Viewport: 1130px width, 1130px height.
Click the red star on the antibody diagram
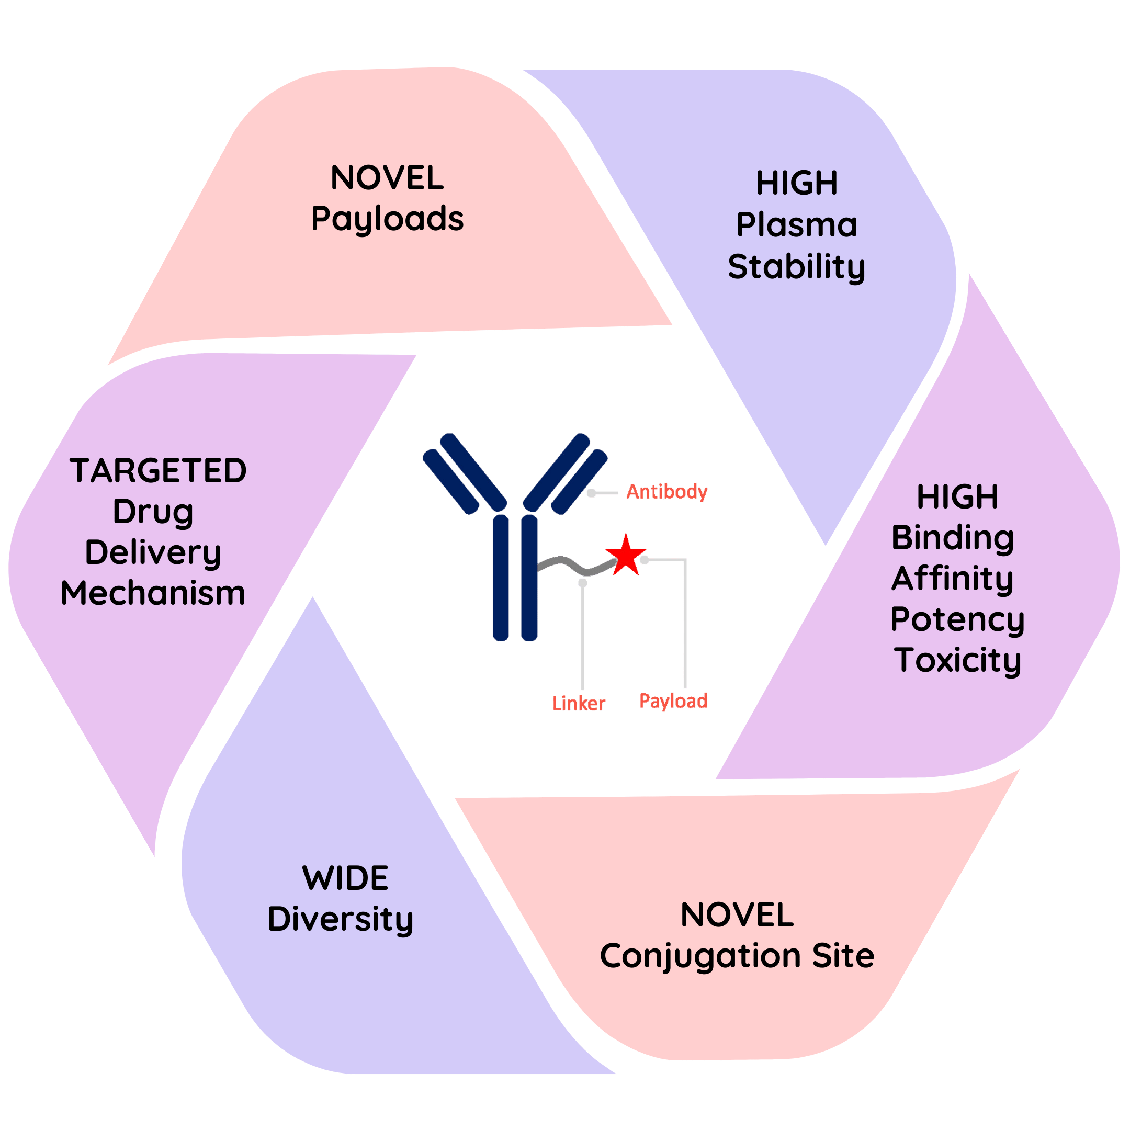click(625, 555)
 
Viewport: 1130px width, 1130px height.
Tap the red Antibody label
click(667, 492)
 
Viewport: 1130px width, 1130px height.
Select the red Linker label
click(579, 704)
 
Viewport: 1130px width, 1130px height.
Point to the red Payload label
click(673, 700)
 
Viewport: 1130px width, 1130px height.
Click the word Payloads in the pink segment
click(387, 219)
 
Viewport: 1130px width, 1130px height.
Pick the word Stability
click(796, 267)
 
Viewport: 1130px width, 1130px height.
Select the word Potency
click(957, 619)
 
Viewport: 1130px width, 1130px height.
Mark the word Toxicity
click(957, 660)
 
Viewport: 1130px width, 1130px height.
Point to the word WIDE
click(345, 878)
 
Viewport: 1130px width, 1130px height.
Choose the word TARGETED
click(158, 471)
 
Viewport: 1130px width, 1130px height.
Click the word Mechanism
click(153, 593)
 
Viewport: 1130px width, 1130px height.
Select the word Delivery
click(153, 553)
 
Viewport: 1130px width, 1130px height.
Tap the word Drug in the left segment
click(153, 512)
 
